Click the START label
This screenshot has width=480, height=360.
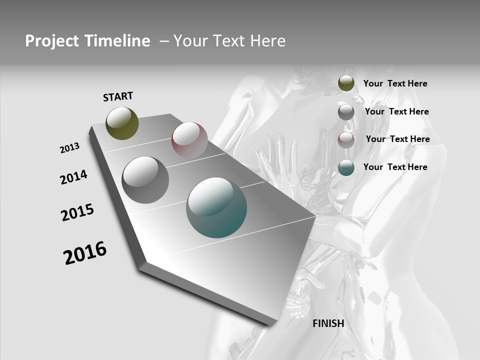[x=118, y=96]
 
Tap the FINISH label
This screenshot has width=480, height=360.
[x=328, y=323]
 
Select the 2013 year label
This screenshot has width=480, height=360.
[x=69, y=148]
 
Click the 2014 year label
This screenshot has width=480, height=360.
[x=73, y=177]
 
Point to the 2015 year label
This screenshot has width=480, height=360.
[x=77, y=212]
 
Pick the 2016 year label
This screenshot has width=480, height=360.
[x=85, y=252]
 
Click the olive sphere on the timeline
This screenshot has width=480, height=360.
[x=122, y=123]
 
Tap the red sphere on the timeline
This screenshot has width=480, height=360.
[x=189, y=139]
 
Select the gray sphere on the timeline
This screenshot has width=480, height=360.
[x=145, y=180]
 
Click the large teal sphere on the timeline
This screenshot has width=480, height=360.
[x=216, y=207]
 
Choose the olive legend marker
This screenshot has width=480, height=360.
[x=346, y=83]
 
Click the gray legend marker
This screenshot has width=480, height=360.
[x=346, y=112]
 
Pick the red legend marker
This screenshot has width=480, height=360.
[x=346, y=139]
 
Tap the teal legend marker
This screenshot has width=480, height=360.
[x=346, y=167]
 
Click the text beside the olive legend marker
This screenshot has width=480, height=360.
[x=395, y=83]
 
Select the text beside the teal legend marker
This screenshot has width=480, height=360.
[x=395, y=167]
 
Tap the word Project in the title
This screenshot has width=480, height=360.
[x=50, y=41]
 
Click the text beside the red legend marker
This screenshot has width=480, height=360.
[x=397, y=139]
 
